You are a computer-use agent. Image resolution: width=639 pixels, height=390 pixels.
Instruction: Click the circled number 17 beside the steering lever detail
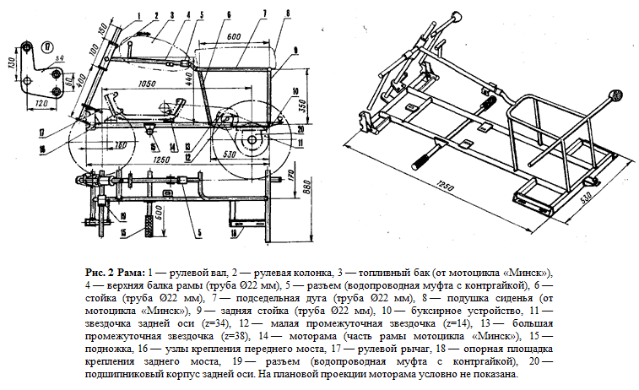click(46, 46)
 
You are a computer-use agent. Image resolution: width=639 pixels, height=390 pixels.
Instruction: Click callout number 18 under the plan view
click(235, 227)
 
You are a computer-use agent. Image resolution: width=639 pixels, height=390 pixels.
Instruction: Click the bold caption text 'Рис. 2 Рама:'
click(115, 274)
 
